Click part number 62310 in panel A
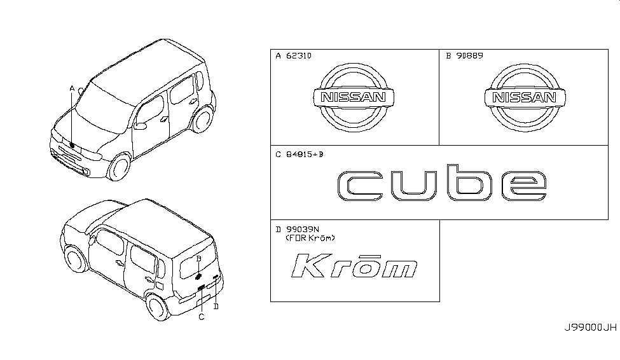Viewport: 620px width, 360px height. click(298, 56)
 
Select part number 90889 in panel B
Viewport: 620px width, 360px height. click(470, 56)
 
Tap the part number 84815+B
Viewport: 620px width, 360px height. click(305, 155)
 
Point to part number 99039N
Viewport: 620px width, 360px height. click(303, 230)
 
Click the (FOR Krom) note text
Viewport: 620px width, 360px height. click(310, 238)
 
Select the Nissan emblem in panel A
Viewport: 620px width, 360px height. click(354, 97)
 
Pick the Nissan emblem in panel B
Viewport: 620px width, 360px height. click(525, 97)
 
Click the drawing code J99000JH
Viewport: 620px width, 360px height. click(590, 328)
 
